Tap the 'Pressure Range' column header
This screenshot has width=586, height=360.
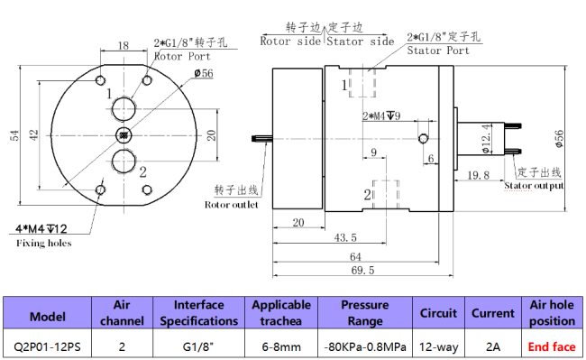[364, 313]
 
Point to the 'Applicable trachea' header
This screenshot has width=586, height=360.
[281, 313]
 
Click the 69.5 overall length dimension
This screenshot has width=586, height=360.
[362, 270]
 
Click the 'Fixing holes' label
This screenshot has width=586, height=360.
[43, 243]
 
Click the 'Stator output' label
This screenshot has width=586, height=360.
[535, 185]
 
